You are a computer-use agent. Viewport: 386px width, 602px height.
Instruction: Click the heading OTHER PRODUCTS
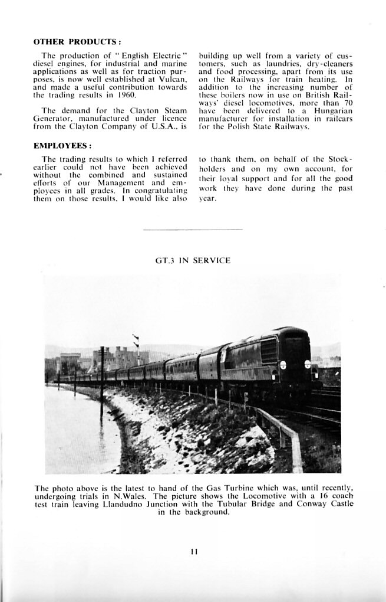click(x=77, y=42)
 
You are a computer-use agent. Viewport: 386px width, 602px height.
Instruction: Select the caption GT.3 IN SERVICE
click(x=193, y=260)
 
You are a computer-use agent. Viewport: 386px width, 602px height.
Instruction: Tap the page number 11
click(x=194, y=552)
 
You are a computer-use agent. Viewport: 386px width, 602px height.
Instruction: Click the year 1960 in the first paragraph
click(x=127, y=94)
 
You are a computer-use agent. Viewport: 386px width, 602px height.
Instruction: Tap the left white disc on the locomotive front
click(x=282, y=364)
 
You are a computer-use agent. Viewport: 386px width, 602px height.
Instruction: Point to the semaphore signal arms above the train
click(x=137, y=341)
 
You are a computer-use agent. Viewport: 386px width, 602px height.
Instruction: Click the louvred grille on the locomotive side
click(x=269, y=349)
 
